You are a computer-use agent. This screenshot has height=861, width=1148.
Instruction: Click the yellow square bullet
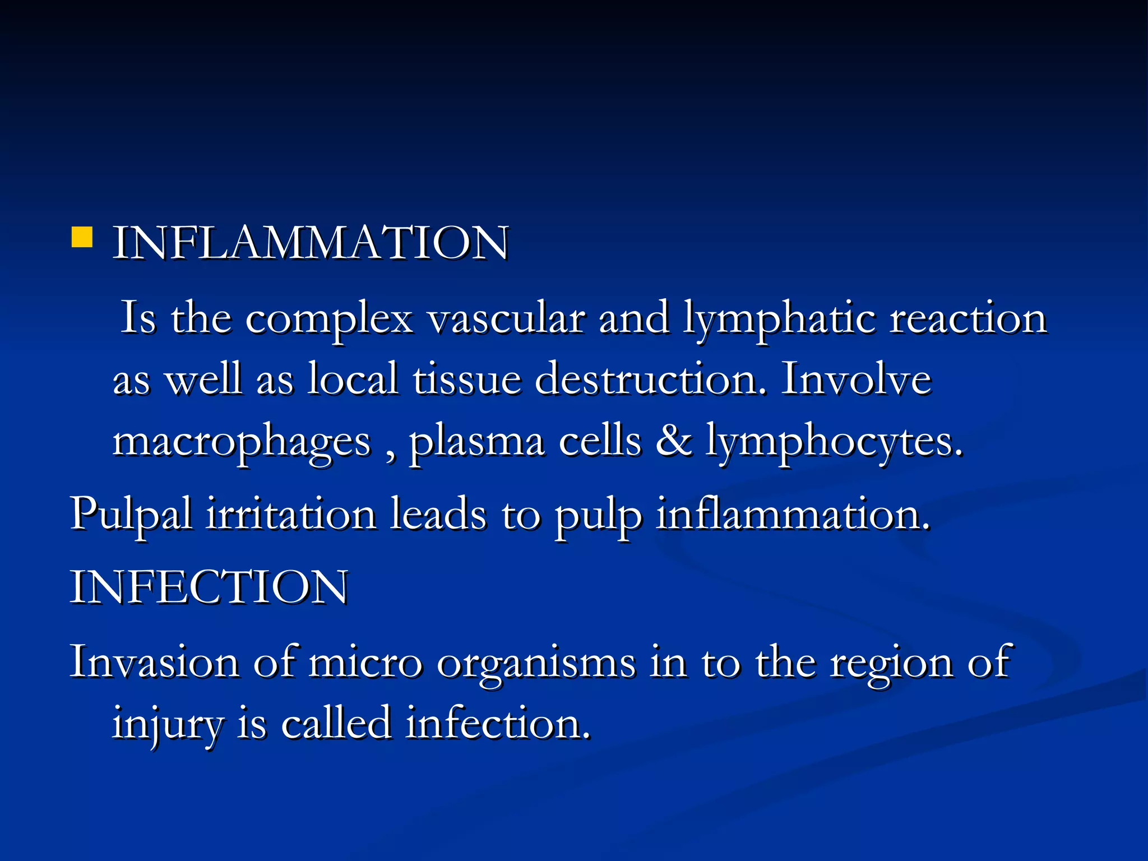82,237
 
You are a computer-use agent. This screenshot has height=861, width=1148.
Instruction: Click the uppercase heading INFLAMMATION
311,243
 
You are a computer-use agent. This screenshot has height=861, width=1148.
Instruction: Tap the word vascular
506,318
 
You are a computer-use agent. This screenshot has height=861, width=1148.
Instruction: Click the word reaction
968,318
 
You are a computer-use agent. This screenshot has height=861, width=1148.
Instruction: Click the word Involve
856,379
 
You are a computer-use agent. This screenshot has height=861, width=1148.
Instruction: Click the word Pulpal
131,515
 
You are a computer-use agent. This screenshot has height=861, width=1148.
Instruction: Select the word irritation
291,513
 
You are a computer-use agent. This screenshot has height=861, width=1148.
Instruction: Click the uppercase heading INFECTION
209,587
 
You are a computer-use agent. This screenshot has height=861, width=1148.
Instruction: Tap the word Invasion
154,662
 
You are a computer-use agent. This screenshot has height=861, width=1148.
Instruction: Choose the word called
335,723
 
